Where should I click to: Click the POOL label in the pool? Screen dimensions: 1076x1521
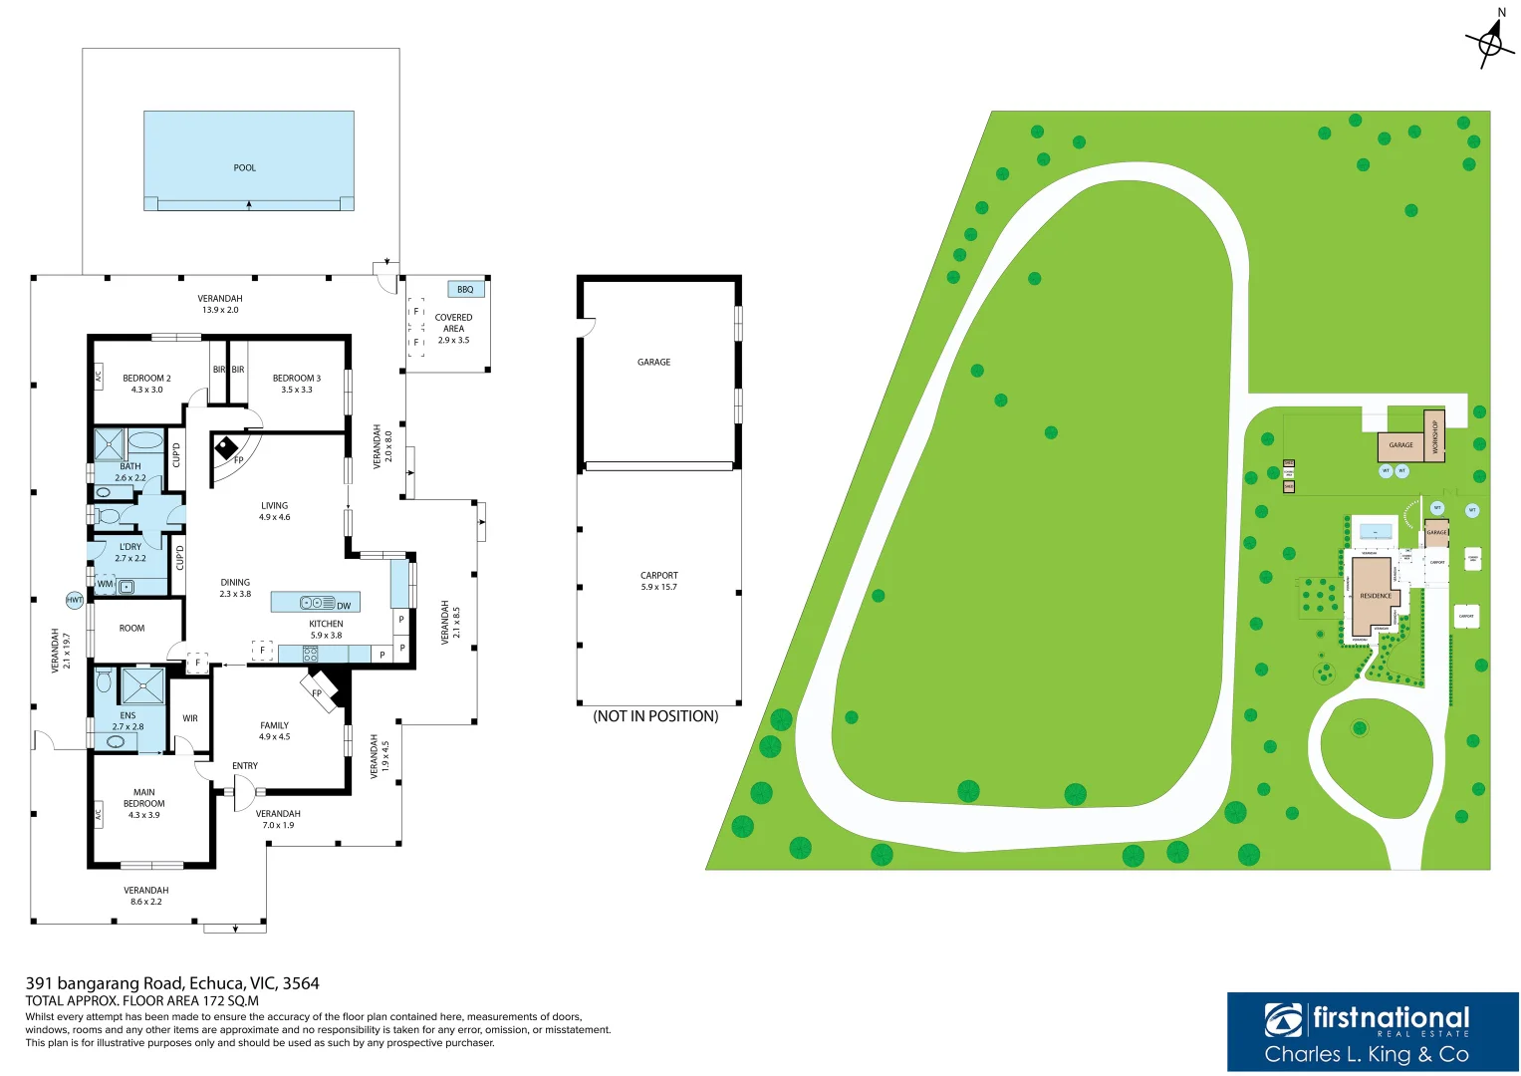[244, 168]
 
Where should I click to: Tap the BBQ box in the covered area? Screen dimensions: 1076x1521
[465, 289]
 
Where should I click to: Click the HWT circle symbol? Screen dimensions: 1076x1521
[75, 600]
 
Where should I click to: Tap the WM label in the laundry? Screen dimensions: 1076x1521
[105, 585]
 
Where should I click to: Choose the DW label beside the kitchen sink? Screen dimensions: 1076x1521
[344, 606]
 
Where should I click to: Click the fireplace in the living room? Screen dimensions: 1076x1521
[227, 449]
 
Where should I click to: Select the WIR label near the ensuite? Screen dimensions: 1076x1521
[190, 718]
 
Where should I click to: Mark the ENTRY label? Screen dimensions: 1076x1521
[245, 766]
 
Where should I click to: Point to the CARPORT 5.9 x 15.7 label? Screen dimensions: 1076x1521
[658, 581]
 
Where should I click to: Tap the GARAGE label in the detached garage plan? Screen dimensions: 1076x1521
[653, 363]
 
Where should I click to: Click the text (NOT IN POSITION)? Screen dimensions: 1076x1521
[655, 716]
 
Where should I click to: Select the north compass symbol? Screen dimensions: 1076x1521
[1490, 42]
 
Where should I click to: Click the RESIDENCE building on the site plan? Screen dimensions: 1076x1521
[1374, 596]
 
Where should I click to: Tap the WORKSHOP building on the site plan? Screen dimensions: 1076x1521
[1434, 435]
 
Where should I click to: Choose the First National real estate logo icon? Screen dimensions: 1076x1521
[1283, 1020]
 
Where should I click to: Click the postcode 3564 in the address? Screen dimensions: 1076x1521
[301, 983]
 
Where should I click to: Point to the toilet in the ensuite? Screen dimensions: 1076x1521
[104, 682]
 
